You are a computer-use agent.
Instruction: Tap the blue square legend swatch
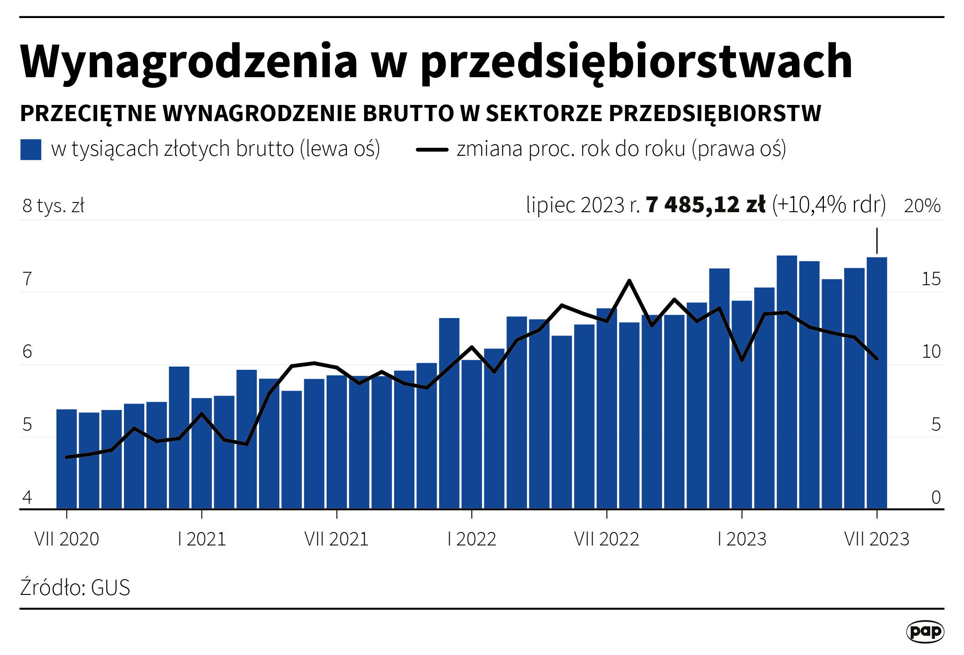31,149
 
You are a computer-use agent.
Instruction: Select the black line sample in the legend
432,149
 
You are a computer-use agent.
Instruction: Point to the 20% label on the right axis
922,206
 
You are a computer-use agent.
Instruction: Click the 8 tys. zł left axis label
53,206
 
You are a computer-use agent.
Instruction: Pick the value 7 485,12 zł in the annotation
705,205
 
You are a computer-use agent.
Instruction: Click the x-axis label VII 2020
67,539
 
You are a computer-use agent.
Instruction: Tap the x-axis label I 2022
471,539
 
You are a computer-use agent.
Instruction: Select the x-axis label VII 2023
877,539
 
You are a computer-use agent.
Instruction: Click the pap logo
925,631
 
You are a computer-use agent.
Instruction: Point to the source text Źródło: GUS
75,588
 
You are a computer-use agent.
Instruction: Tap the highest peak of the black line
629,280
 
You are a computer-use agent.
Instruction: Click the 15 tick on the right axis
931,279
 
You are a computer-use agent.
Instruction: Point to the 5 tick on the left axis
27,424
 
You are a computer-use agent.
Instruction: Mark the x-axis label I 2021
202,539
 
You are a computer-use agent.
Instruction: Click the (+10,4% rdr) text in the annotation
828,205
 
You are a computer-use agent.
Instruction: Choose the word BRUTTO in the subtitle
408,114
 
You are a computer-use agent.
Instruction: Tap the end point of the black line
877,359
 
